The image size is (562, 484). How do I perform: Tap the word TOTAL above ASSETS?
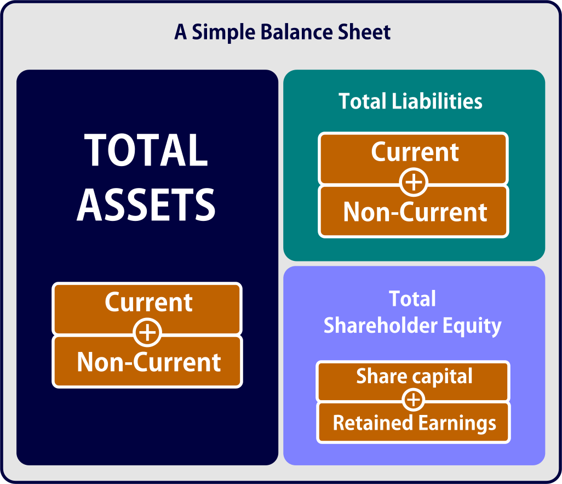pyautogui.click(x=146, y=150)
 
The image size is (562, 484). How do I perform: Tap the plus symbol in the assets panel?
pyautogui.click(x=147, y=332)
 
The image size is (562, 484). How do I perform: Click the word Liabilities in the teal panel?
pyautogui.click(x=437, y=101)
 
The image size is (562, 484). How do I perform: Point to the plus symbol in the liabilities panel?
pyautogui.click(x=414, y=183)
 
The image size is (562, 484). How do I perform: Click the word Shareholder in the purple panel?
pyautogui.click(x=381, y=325)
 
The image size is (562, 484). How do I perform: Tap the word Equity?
pyautogui.click(x=472, y=327)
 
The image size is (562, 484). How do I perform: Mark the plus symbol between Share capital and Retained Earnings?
pyautogui.click(x=414, y=400)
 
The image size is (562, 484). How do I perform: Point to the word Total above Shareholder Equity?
pyautogui.click(x=412, y=299)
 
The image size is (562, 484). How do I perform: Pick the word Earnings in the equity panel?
pyautogui.click(x=457, y=423)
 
